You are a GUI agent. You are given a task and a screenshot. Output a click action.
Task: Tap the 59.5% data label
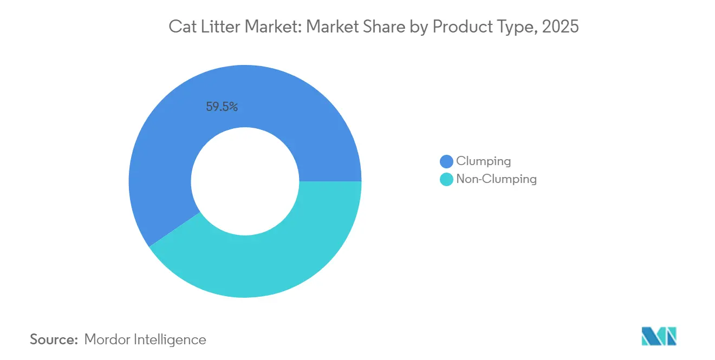click(222, 107)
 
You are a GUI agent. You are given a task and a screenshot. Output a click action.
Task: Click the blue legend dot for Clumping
click(446, 161)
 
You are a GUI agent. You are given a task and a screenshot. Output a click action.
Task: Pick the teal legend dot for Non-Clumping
click(446, 179)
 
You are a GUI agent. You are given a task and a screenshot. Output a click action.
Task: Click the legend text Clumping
click(483, 161)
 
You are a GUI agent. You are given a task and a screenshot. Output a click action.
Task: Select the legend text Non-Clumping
click(496, 179)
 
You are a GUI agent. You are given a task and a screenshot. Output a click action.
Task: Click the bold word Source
click(54, 339)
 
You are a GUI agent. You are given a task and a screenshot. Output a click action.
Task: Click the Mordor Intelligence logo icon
click(659, 336)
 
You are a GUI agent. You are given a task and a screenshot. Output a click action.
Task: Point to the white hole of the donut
click(245, 181)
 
